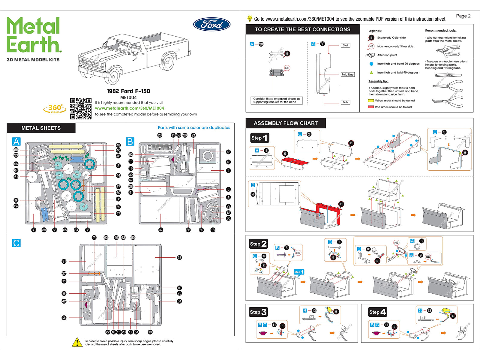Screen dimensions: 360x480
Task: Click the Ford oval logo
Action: [x=212, y=24]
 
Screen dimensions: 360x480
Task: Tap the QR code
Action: [x=81, y=109]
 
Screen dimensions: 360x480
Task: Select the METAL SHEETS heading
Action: [x=41, y=128]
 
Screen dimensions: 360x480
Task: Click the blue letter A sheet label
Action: [x=16, y=141]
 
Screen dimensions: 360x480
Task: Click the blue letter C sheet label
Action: [x=16, y=243]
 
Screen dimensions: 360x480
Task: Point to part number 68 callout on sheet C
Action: [x=179, y=257]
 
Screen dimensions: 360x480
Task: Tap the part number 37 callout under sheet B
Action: [x=161, y=230]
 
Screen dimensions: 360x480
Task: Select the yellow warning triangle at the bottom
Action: [x=77, y=342]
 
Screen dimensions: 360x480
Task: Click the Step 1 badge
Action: [x=259, y=138]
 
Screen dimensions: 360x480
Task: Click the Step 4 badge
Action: [x=377, y=312]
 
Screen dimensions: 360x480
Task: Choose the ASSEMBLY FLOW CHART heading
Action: [x=286, y=123]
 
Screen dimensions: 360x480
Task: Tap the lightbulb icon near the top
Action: [x=249, y=18]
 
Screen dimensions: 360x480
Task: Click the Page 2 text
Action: [x=463, y=16]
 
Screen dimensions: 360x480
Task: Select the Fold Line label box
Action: [x=347, y=74]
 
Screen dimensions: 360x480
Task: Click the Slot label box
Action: [x=345, y=45]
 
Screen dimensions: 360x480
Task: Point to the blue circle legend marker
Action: [x=371, y=64]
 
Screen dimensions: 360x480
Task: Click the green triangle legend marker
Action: [x=371, y=73]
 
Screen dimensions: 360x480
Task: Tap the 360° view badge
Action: [x=55, y=109]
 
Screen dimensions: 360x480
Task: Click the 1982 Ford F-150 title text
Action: [x=128, y=91]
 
